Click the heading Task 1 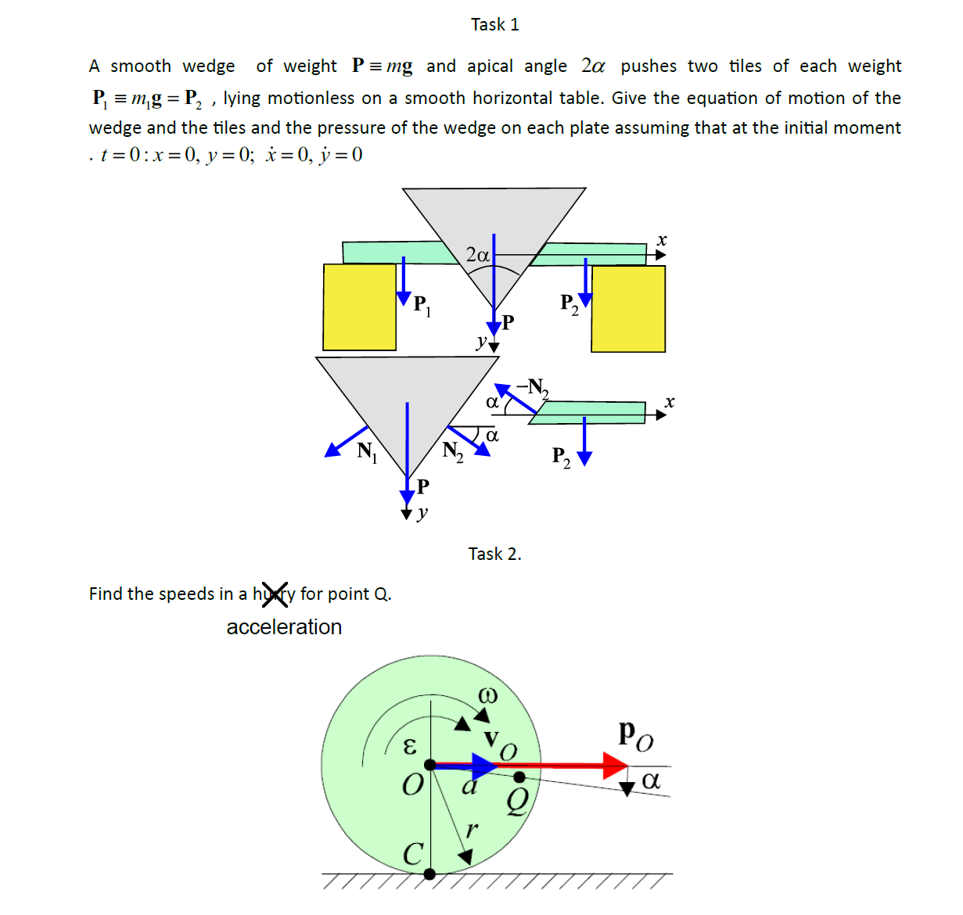pos(494,25)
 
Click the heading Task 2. pos(494,554)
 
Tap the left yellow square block pos(360,307)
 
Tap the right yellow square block pos(628,309)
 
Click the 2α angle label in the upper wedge pos(477,255)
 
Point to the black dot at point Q pos(519,777)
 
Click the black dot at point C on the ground pos(429,874)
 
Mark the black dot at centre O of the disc pos(429,764)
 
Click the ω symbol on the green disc pos(487,694)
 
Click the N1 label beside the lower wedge pos(366,451)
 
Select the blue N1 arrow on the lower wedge pos(346,441)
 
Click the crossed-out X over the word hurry pos(275,594)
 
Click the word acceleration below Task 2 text pos(284,627)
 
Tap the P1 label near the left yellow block pos(422,305)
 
